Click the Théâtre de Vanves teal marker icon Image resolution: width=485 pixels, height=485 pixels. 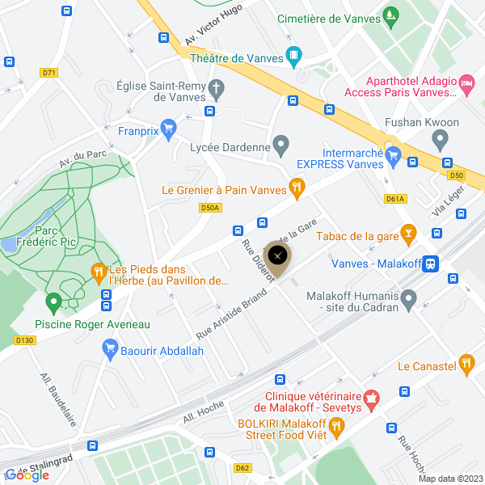point(294,57)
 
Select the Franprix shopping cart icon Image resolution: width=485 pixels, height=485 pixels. point(168,127)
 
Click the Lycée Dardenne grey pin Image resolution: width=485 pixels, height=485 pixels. point(280,146)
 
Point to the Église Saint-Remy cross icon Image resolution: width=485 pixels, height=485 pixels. point(216,87)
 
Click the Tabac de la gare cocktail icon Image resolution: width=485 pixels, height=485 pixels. point(409,235)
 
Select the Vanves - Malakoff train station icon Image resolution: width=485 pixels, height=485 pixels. point(432,263)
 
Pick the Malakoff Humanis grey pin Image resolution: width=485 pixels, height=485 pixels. point(409,300)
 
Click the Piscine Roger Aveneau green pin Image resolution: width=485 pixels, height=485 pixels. point(54,303)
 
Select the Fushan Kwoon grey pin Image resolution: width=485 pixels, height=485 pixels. point(441,140)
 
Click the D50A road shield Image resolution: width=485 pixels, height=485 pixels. point(209,208)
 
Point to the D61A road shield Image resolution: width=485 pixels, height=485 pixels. point(394,198)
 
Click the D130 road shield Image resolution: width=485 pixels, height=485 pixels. point(25,340)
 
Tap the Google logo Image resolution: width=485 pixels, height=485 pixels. point(27,475)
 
